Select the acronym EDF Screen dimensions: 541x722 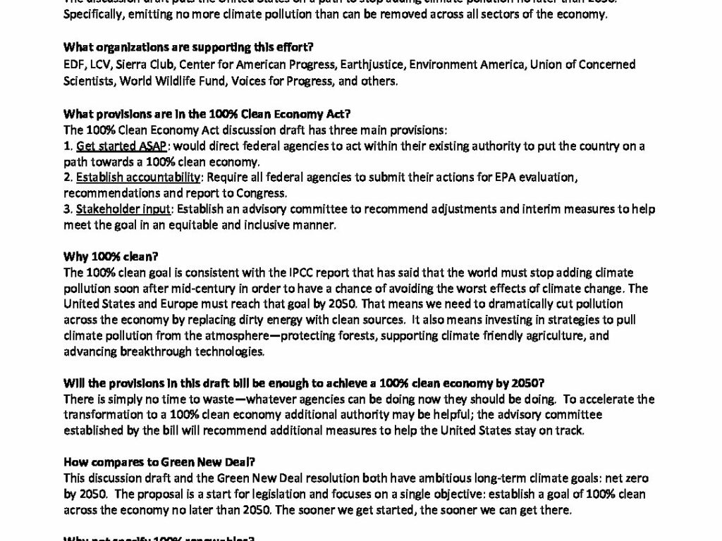[73, 65]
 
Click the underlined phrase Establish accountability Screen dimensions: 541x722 [138, 178]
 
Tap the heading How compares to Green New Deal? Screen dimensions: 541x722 [159, 463]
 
